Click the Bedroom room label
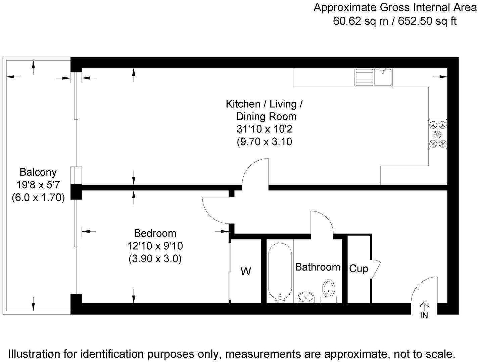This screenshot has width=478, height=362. pyautogui.click(x=155, y=233)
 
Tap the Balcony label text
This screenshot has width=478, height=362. pyautogui.click(x=38, y=172)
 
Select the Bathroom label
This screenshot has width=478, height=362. pyautogui.click(x=318, y=267)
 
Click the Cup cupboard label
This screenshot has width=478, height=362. pyautogui.click(x=358, y=269)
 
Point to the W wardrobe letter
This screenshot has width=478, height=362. pyautogui.click(x=246, y=271)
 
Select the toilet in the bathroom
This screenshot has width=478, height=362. pyautogui.click(x=329, y=289)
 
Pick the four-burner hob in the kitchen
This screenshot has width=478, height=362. pyautogui.click(x=438, y=134)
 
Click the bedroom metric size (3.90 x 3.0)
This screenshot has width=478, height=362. pyautogui.click(x=155, y=259)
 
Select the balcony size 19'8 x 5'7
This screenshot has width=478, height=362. pyautogui.click(x=38, y=185)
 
